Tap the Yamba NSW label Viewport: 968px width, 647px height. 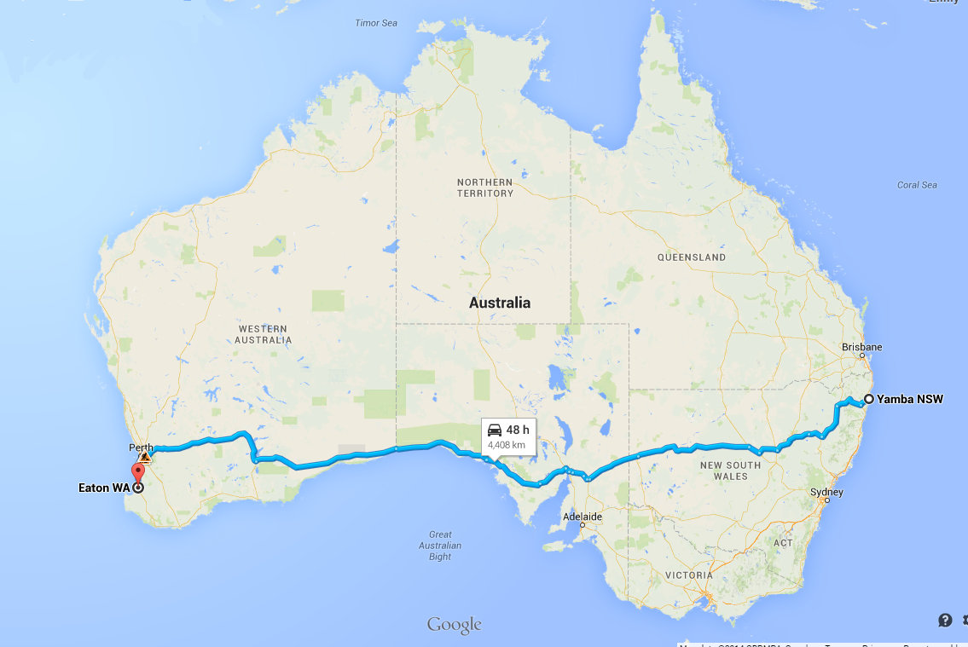[910, 399]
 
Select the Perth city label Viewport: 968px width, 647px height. [141, 448]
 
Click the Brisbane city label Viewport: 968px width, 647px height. [861, 347]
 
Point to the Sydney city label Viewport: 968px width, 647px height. [827, 492]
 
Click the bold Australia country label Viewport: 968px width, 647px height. [500, 303]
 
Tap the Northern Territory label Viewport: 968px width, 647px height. [485, 188]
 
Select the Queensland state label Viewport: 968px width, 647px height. [692, 257]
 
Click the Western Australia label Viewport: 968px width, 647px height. [264, 334]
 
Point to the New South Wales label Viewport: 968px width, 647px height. [723, 471]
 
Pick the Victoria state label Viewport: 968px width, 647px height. [688, 575]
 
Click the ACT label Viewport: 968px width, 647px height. [783, 543]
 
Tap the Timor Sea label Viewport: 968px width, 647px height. [376, 23]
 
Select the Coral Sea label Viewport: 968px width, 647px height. [917, 185]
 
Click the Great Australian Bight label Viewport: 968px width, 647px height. [440, 546]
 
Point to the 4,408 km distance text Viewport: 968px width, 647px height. [506, 445]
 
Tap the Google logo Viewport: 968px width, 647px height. [455, 625]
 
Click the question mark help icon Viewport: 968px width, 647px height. [945, 620]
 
